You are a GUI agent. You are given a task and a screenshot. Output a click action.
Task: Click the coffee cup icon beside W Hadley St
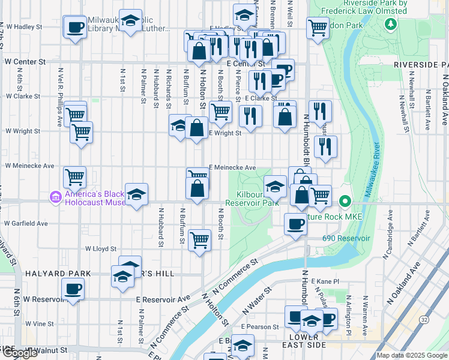tap(75, 28)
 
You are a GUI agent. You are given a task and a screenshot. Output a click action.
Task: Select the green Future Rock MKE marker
tap(345, 202)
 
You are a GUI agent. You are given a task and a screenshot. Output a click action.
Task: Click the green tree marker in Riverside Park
tap(391, 24)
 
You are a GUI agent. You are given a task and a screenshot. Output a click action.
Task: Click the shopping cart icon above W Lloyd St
tap(199, 239)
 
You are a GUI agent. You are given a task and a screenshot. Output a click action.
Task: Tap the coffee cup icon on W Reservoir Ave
tap(73, 289)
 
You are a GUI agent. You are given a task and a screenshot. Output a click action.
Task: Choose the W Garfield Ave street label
tap(25, 223)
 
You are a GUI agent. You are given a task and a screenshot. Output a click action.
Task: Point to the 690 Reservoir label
tap(346, 238)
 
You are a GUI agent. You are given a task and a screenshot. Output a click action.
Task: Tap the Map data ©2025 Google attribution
tap(412, 355)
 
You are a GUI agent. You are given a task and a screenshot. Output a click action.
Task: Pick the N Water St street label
tap(253, 303)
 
